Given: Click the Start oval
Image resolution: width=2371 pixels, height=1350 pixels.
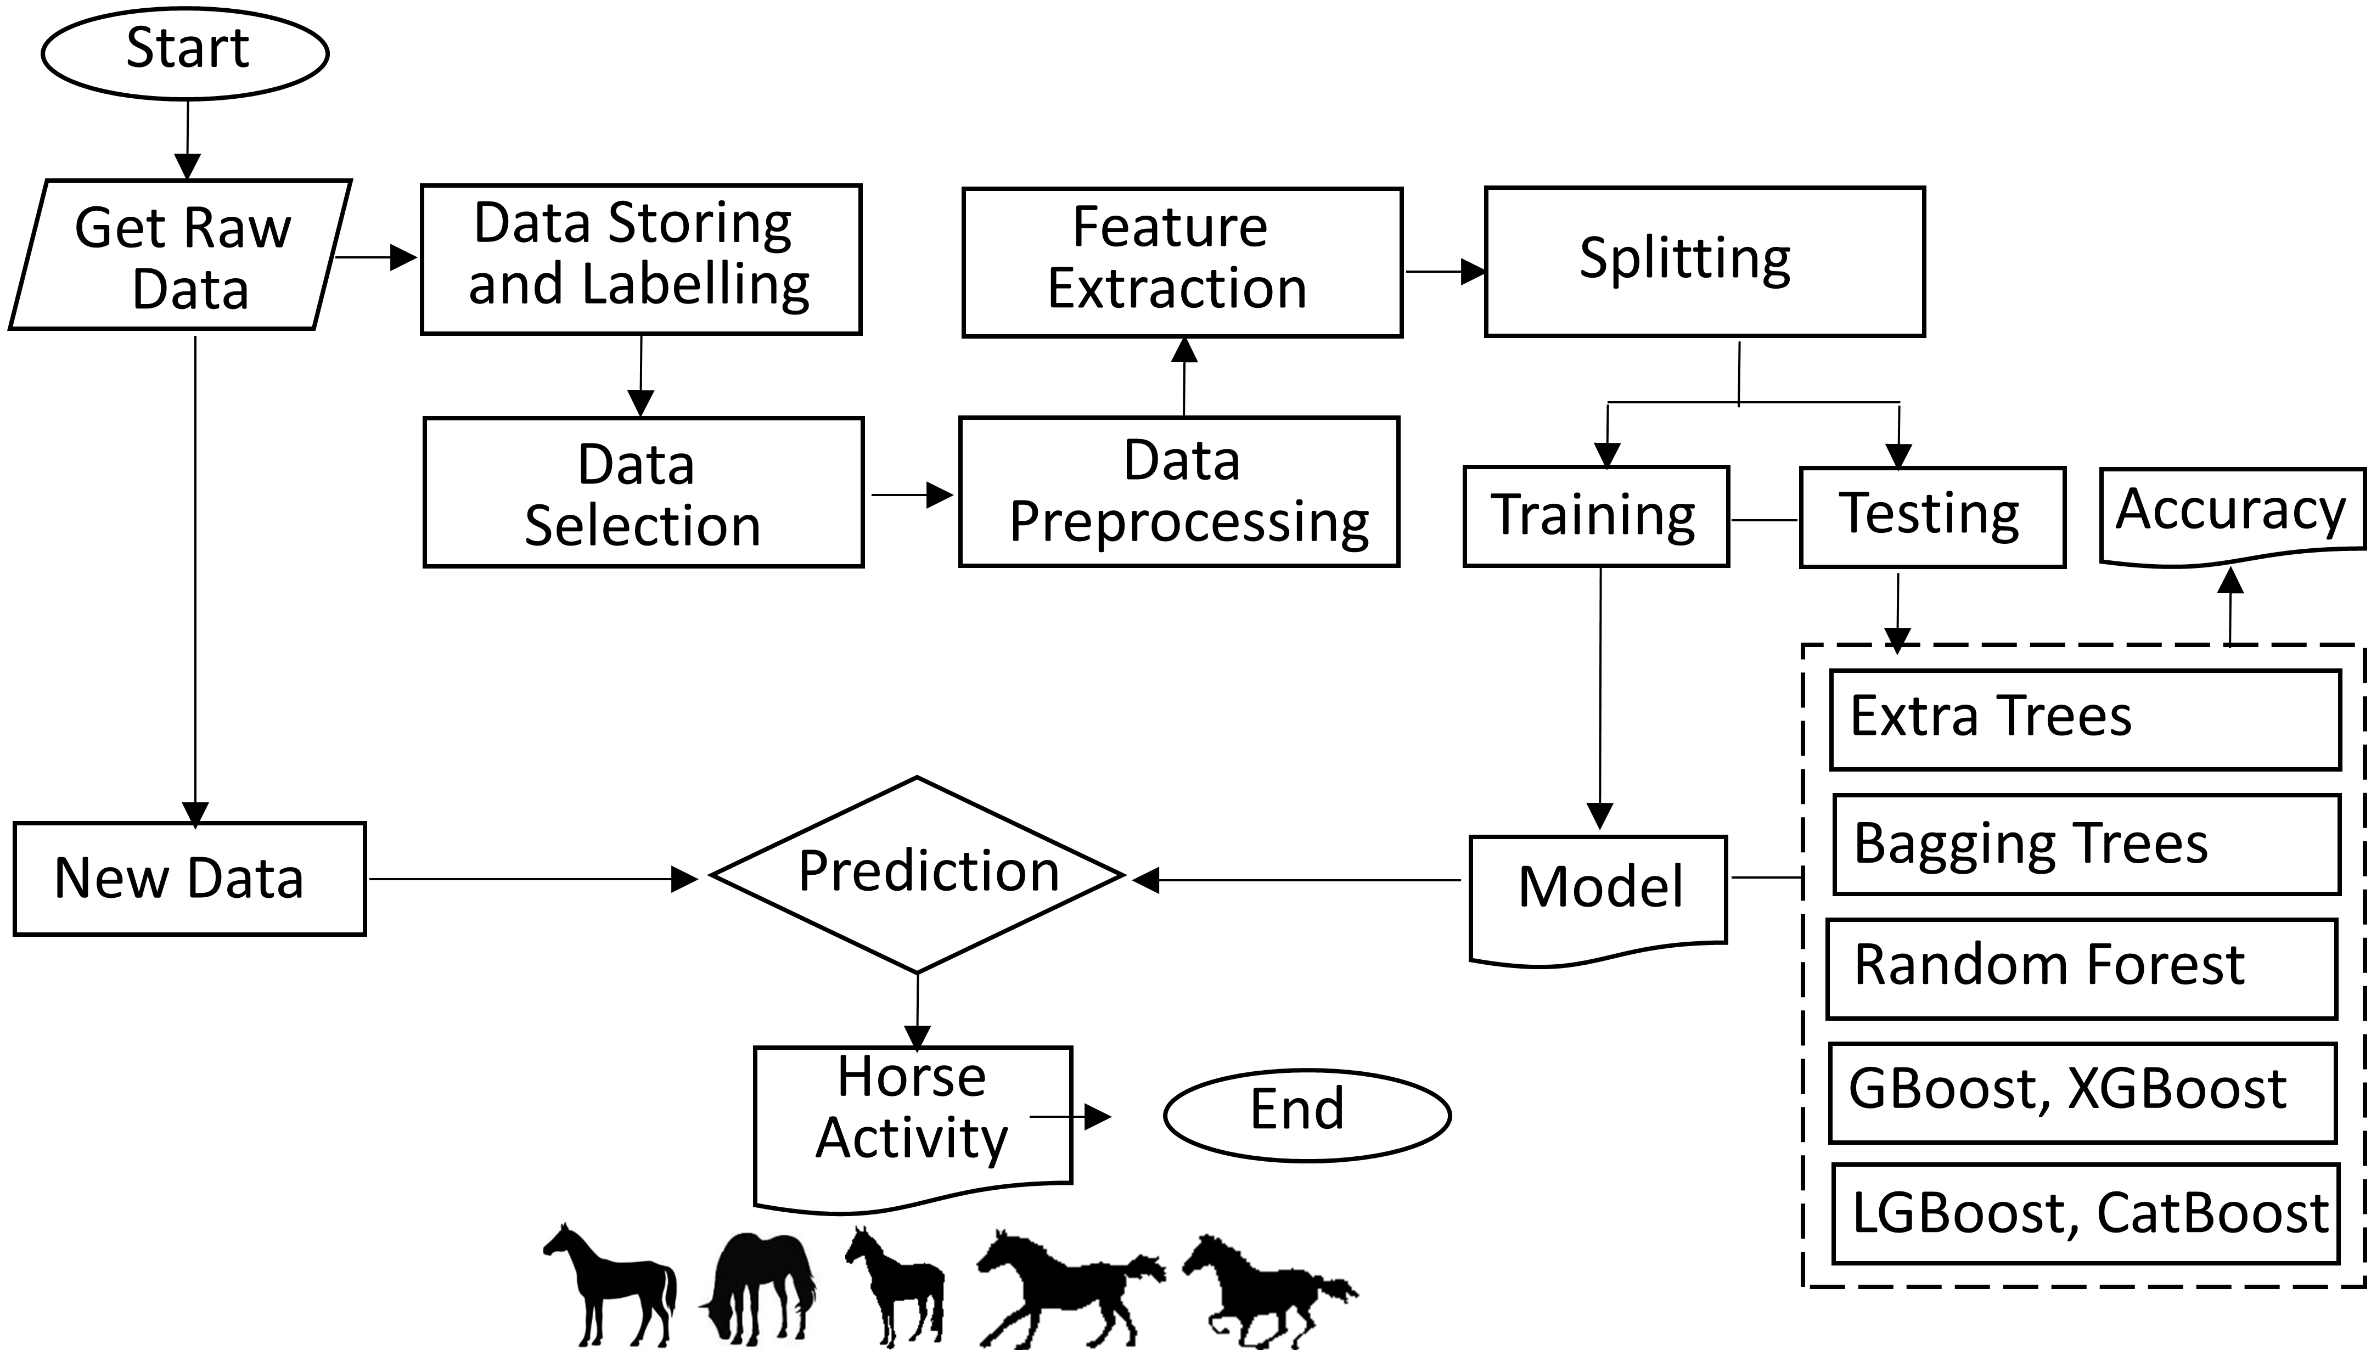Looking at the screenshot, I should [186, 52].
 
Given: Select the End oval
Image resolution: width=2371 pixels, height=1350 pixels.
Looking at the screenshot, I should [1306, 1115].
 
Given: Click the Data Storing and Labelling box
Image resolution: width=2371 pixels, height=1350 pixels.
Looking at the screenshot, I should [640, 258].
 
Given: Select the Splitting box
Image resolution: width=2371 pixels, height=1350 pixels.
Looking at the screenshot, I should [1704, 261].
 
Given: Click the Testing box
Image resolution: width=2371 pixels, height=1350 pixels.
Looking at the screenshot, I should [1931, 516].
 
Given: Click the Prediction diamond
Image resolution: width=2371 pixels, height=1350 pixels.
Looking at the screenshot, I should [917, 874].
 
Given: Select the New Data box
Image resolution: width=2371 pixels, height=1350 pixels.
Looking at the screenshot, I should [189, 878].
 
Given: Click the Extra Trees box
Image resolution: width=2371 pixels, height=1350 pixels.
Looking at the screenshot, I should [2085, 719].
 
